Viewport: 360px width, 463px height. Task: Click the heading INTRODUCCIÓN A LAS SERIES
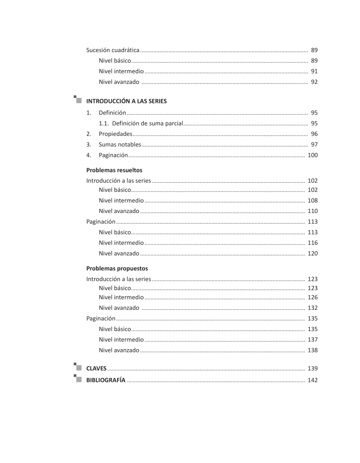(126, 101)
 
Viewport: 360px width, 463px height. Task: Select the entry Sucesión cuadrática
(113, 50)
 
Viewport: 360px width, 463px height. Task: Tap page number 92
(314, 82)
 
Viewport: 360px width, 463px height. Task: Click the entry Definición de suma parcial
(147, 123)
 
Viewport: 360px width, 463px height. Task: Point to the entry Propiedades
(115, 134)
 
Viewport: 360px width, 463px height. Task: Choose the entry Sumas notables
(119, 145)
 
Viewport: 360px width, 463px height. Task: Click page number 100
(313, 155)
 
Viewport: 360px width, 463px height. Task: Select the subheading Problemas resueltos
(114, 170)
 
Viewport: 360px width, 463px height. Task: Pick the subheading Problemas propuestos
(117, 269)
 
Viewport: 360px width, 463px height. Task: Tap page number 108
(313, 201)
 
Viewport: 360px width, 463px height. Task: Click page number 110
(313, 211)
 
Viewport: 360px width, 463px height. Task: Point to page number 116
(313, 243)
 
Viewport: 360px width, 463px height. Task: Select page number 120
(313, 253)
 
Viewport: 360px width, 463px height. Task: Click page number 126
(313, 297)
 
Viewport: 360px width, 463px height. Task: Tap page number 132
(313, 308)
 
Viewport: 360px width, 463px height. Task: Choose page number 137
(313, 340)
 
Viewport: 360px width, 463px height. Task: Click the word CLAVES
(96, 369)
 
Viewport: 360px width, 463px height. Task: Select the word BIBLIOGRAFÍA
(106, 380)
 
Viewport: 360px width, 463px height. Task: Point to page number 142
(313, 380)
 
